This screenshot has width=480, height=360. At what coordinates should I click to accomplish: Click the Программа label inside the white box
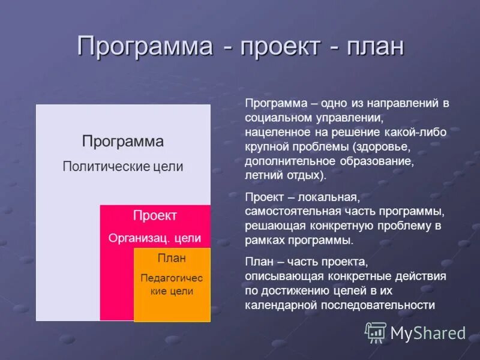tap(122, 142)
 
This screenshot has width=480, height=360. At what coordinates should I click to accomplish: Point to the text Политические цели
tap(122, 167)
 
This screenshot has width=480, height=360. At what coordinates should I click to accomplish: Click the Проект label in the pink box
tap(155, 215)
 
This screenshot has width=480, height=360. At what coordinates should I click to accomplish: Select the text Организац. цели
tap(155, 238)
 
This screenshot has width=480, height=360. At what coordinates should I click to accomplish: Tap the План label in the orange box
tap(172, 258)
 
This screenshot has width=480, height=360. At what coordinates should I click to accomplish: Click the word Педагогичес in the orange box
tap(172, 278)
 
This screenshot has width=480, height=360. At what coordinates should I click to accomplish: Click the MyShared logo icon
tap(376, 332)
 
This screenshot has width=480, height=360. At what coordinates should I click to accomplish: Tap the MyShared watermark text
tap(428, 333)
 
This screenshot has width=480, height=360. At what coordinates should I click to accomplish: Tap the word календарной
tap(278, 305)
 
